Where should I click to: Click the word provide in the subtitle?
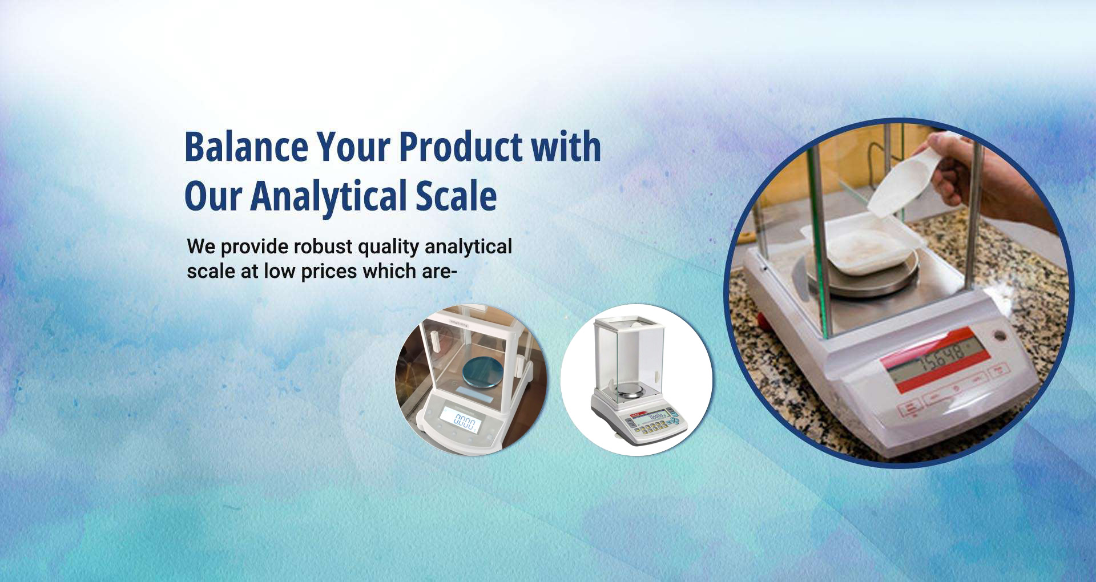(x=255, y=247)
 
